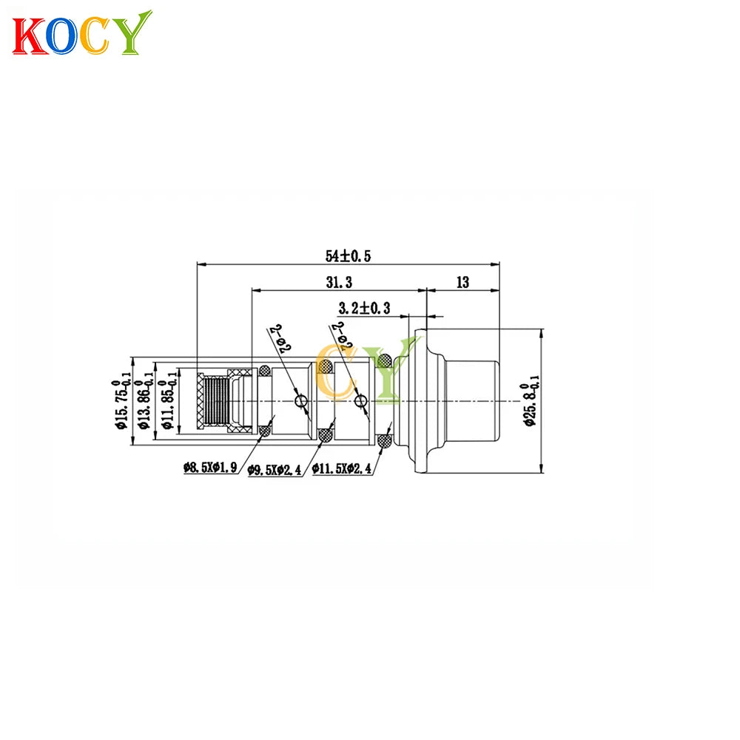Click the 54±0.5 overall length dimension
pos(349,256)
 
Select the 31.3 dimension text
pos(340,282)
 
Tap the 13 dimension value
pos(463,282)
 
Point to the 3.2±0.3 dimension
pos(364,308)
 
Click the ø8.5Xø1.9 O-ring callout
pos(210,468)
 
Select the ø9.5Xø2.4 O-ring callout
pos(275,470)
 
